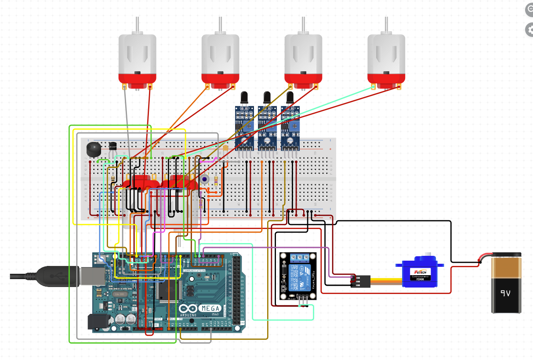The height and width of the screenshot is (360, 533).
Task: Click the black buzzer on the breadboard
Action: coord(93,149)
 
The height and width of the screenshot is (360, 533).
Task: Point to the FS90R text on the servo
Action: coord(421,279)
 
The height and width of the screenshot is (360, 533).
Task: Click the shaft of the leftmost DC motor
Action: coord(138,25)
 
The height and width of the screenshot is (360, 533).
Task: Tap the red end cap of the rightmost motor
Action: coord(386,79)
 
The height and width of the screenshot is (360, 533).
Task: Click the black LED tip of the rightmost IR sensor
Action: coord(290,97)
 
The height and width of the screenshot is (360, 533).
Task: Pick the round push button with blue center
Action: coord(204,179)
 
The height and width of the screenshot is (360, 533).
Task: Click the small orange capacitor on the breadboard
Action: coord(225,149)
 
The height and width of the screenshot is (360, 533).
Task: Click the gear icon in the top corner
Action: coord(529,30)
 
